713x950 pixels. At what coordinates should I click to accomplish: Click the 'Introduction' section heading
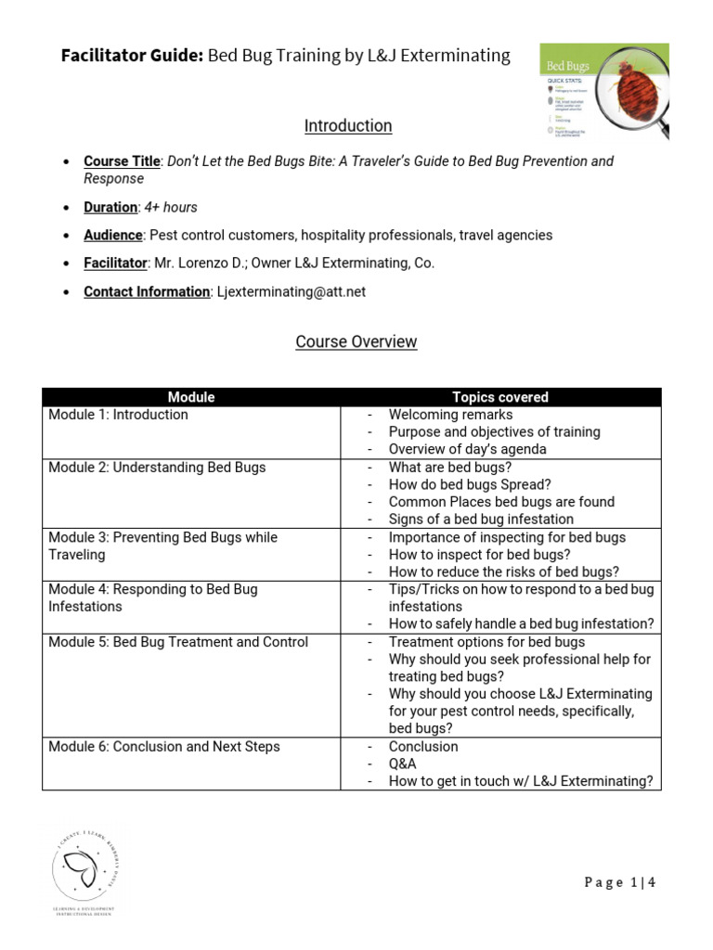tap(348, 125)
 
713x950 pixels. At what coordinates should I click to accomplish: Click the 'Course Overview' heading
tap(356, 341)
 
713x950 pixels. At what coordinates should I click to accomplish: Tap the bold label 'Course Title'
tap(122, 161)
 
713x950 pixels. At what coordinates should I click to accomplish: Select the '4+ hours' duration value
tap(171, 207)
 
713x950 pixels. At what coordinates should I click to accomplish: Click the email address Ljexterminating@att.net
tap(291, 291)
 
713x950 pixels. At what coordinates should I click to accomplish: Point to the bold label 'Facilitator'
tap(115, 263)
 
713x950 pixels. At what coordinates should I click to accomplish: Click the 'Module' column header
tap(191, 397)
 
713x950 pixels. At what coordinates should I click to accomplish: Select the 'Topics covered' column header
tap(499, 397)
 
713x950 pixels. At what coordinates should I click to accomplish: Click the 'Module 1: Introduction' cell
tap(118, 415)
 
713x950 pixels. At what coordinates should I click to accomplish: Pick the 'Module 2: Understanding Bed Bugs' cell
tap(157, 468)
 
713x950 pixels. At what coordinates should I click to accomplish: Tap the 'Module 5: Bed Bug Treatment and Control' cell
tap(178, 642)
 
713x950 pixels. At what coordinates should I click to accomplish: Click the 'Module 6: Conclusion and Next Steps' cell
tap(163, 747)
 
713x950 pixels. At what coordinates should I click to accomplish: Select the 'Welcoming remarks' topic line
tap(450, 415)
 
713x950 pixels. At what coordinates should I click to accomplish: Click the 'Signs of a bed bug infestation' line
tap(481, 520)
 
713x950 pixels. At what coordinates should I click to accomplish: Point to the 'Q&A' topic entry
tap(403, 764)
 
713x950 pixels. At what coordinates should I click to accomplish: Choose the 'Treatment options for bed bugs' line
tap(486, 642)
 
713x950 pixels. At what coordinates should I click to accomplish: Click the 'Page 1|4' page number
tap(620, 882)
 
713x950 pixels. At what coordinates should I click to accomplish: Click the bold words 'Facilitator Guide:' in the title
tap(131, 56)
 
